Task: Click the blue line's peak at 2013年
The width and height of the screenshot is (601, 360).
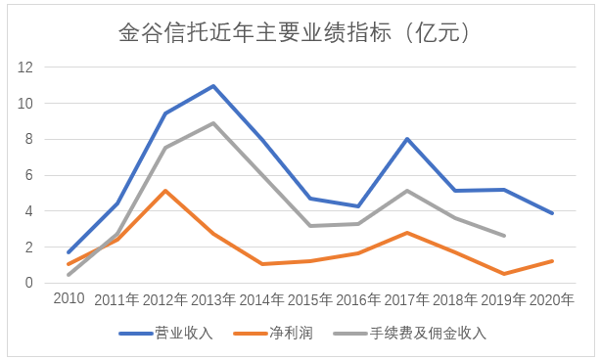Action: pos(213,86)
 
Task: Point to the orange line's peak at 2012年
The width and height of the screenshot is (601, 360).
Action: pos(164,191)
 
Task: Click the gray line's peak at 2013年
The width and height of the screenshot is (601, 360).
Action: pos(213,123)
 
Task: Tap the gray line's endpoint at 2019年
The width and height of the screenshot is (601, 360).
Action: pos(504,236)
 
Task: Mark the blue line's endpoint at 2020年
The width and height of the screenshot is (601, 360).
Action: pos(552,213)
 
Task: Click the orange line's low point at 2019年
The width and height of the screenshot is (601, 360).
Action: pos(504,274)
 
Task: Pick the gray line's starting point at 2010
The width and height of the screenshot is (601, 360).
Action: pos(69,275)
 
